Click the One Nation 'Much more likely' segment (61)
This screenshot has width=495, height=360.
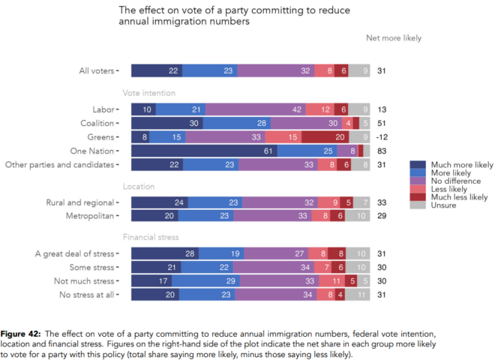pyautogui.click(x=203, y=151)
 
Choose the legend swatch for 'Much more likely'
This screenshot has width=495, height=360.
pyautogui.click(x=415, y=164)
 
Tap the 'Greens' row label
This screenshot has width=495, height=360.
pyautogui.click(x=99, y=137)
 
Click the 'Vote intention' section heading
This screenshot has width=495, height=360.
pyautogui.click(x=149, y=93)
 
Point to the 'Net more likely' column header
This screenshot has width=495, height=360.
pyautogui.click(x=393, y=38)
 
